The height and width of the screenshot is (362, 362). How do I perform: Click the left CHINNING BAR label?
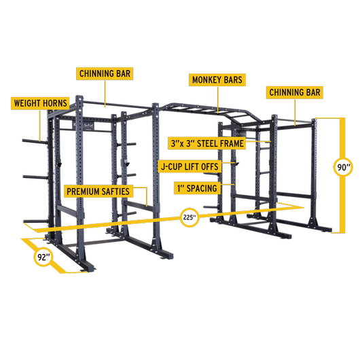(104, 73)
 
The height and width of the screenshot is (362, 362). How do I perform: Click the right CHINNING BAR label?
(295, 92)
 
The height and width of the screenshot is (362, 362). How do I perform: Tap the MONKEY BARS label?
(217, 79)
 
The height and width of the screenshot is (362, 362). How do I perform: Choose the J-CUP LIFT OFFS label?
(189, 165)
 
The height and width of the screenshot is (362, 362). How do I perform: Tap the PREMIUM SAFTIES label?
(97, 192)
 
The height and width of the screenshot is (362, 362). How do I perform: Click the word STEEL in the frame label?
(207, 143)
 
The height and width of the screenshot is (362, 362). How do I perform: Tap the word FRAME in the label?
(231, 143)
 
